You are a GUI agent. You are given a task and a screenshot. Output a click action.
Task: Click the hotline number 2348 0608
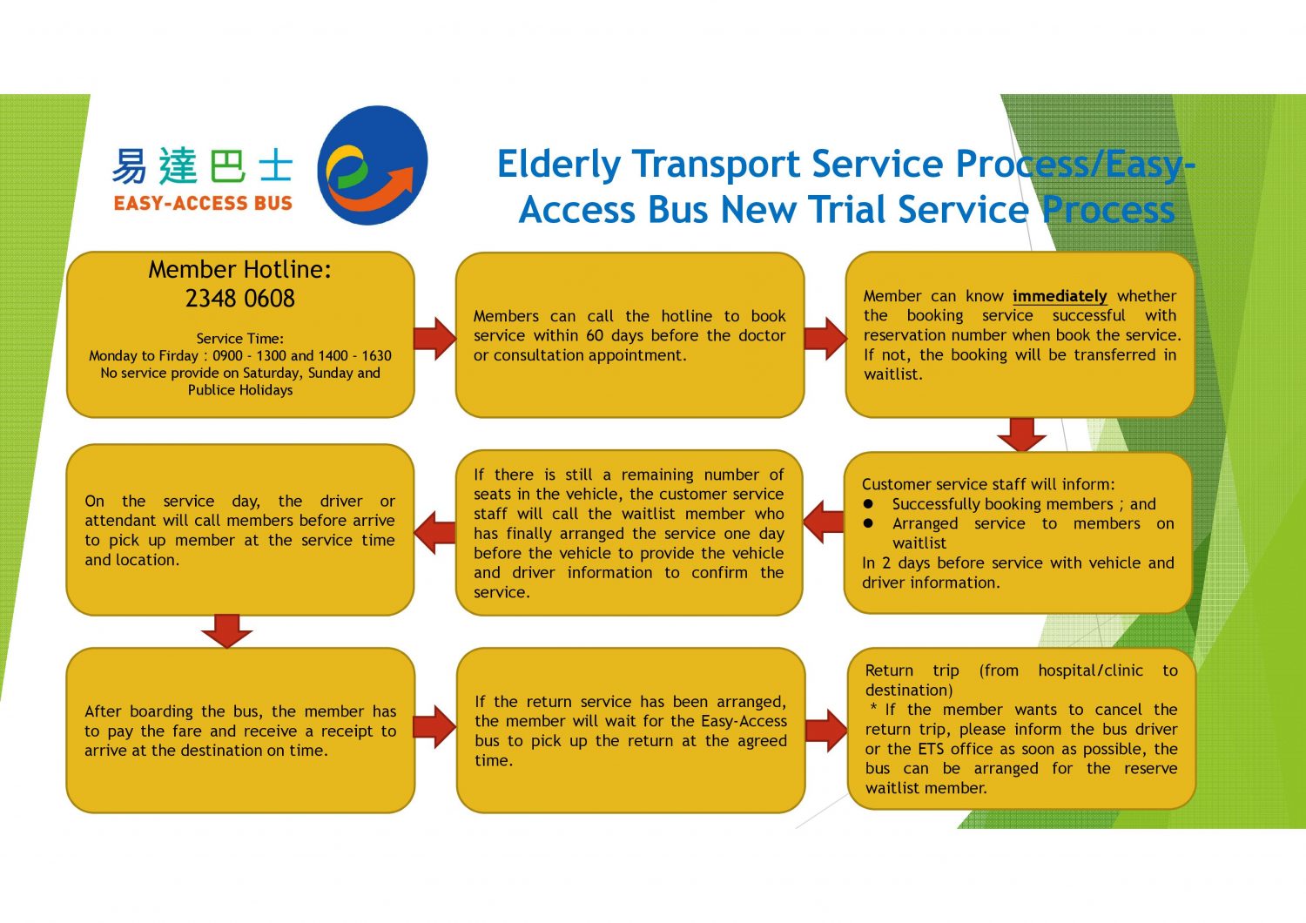pos(240,299)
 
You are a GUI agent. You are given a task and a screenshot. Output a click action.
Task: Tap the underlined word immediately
pos(1060,296)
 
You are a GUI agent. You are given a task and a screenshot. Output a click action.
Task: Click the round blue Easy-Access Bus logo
pos(373,165)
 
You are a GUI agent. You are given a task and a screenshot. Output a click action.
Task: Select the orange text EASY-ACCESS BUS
pos(203,204)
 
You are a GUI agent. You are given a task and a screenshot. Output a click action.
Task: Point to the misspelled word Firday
pos(179,355)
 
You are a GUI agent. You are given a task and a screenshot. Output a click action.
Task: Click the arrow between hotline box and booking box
pos(434,338)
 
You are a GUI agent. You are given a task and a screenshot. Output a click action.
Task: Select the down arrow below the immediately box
pos(1021,434)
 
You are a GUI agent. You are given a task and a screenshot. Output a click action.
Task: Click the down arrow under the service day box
pos(226,630)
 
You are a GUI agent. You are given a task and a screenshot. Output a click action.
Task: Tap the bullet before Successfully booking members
pos(868,504)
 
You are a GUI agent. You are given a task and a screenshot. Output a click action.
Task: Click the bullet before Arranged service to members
pos(868,523)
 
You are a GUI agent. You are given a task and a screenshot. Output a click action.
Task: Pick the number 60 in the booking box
pos(595,335)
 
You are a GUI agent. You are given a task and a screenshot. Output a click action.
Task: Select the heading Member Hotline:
pos(239,269)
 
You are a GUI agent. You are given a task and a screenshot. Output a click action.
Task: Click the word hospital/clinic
pos(1090,670)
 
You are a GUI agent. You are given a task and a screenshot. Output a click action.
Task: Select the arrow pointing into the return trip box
pos(825,730)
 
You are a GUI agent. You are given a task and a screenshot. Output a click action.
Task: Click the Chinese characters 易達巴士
pos(202,166)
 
